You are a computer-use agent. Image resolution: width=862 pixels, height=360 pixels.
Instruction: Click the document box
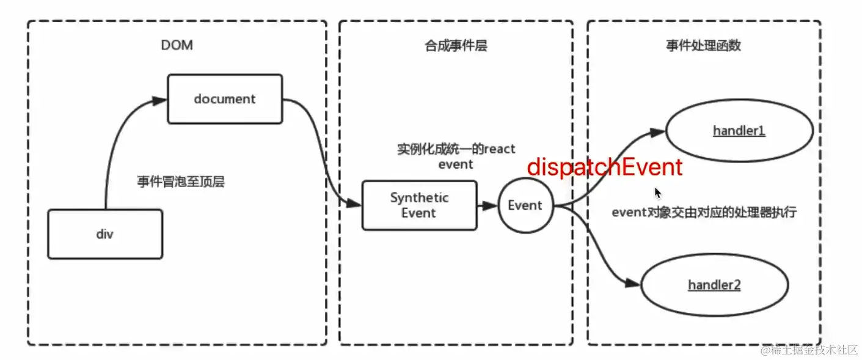pyautogui.click(x=225, y=99)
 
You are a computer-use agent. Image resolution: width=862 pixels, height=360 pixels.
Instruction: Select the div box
pyautogui.click(x=105, y=234)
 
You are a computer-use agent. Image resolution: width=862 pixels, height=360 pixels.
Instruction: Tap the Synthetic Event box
pyautogui.click(x=419, y=205)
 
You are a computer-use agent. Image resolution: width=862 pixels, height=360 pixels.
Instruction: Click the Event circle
pyautogui.click(x=525, y=205)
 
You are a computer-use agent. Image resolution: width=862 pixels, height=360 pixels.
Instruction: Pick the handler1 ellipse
pyautogui.click(x=739, y=131)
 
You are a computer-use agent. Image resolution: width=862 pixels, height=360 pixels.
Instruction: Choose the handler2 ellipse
pyautogui.click(x=714, y=285)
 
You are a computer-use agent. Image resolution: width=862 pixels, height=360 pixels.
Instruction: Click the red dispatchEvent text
pyautogui.click(x=604, y=167)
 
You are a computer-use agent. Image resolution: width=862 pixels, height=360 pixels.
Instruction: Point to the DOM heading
pyautogui.click(x=177, y=45)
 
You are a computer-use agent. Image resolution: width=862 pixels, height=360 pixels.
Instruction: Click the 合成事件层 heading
pyautogui.click(x=456, y=46)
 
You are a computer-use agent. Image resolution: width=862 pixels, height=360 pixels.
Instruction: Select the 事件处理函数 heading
pyautogui.click(x=703, y=46)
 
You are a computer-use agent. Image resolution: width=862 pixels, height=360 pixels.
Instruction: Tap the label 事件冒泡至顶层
pyautogui.click(x=181, y=182)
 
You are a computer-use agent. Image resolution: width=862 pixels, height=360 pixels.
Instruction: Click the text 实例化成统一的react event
pyautogui.click(x=456, y=156)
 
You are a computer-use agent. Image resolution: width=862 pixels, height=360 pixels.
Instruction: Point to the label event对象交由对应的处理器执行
pyautogui.click(x=704, y=213)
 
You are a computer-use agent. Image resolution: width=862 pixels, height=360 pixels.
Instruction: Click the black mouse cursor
pyautogui.click(x=658, y=193)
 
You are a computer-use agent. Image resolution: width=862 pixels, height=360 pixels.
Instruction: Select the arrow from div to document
pyautogui.click(x=116, y=141)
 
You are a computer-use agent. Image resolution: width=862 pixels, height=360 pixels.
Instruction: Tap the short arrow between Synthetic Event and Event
pyautogui.click(x=487, y=206)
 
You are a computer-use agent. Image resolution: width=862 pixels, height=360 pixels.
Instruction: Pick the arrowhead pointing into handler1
pyautogui.click(x=658, y=132)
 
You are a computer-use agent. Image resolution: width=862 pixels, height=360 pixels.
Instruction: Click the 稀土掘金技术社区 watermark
pyautogui.click(x=808, y=350)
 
